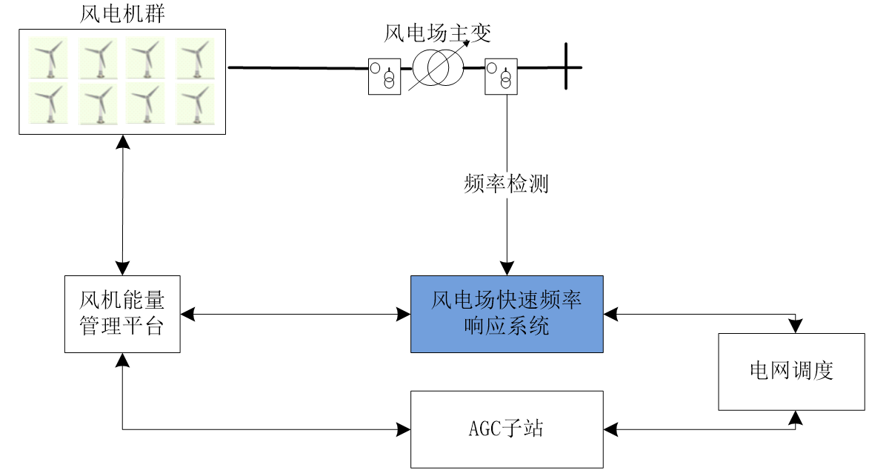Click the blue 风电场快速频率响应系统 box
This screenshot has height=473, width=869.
pos(507,314)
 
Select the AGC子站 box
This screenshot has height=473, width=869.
pos(507,429)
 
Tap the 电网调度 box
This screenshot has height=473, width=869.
pos(791,372)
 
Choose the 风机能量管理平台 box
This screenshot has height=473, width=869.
pos(122,314)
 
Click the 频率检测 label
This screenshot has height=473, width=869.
pos(506,184)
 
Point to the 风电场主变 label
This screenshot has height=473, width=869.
pos(438,33)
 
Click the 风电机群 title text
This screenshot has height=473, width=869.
pos(122,14)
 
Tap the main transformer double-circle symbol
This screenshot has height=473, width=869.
pos(438,68)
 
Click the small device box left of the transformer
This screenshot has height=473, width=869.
pos(384,76)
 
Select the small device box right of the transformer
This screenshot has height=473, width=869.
pos(501,76)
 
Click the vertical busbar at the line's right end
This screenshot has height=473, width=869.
pos(566,66)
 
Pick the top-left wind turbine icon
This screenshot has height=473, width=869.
pos(48,58)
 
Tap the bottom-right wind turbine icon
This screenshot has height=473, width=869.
pos(195,104)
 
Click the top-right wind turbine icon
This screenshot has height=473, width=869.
pos(195,58)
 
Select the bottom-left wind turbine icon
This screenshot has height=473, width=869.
pos(48,104)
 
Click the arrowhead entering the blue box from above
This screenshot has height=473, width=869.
pos(507,269)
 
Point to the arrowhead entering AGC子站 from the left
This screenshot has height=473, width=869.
pos(404,429)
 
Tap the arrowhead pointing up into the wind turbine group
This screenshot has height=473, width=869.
pos(122,142)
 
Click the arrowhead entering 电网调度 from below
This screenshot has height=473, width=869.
pos(796,417)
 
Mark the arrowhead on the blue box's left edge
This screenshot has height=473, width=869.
pos(404,315)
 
